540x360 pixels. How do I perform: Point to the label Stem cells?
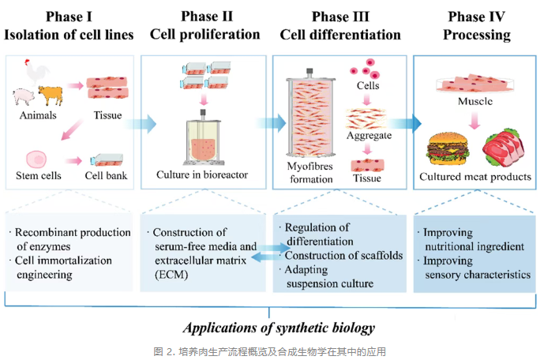pyautogui.click(x=39, y=174)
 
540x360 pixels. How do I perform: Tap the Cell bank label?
pyautogui.click(x=106, y=174)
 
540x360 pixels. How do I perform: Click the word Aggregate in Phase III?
pyautogui.click(x=368, y=137)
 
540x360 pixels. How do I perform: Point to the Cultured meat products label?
pyautogui.click(x=475, y=177)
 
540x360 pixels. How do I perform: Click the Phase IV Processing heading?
pyautogui.click(x=476, y=26)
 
